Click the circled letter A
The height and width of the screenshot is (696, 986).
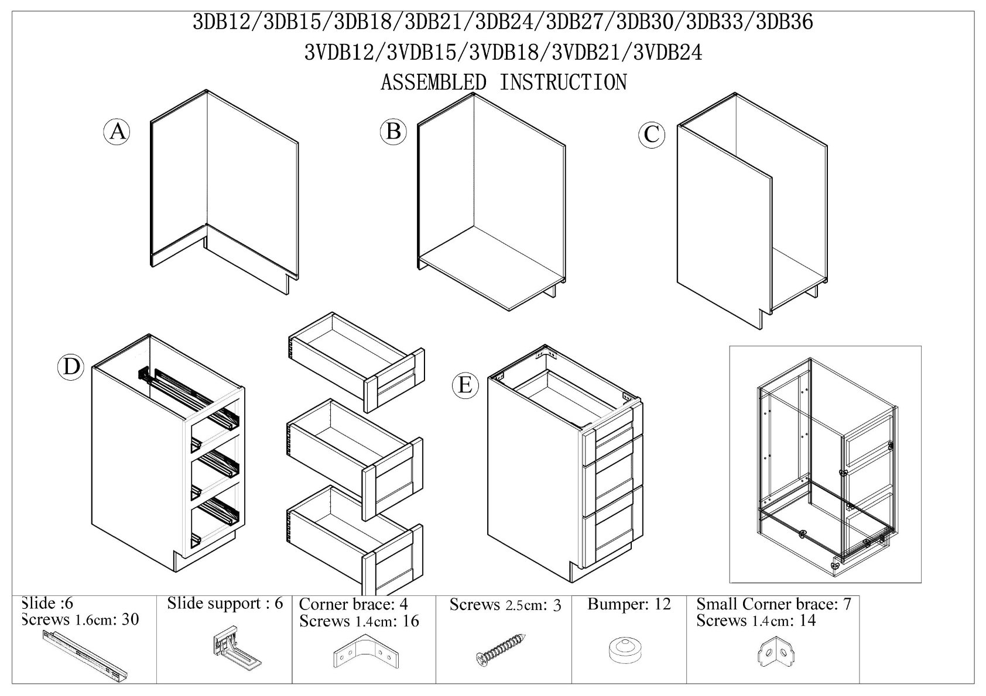coord(117,132)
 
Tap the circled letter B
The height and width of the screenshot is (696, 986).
coord(393,131)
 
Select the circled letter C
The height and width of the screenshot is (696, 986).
coord(652,135)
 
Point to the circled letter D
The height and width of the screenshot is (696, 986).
coord(71,367)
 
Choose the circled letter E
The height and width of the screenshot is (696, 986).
coord(465,385)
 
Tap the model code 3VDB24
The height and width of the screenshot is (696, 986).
coord(667,53)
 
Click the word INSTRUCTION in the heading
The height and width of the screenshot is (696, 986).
coord(563,82)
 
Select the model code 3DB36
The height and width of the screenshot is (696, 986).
coord(785,22)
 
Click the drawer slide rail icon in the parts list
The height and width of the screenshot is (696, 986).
coord(85,654)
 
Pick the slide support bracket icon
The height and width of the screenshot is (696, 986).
coord(237,649)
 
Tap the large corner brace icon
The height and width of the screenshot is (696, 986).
coord(366,652)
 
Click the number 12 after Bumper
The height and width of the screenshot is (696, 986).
coord(662,604)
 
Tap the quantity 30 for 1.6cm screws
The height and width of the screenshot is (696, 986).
coord(131,619)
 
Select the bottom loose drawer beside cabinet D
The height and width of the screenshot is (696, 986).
coord(355,540)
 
